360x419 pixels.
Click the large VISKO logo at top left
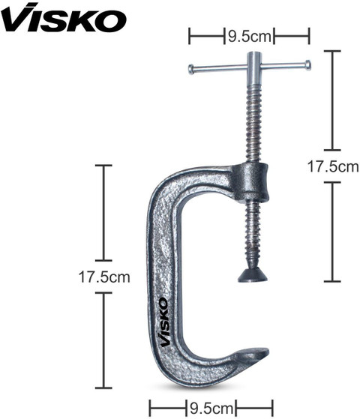click(64, 18)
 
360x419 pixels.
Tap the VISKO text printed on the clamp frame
click(164, 322)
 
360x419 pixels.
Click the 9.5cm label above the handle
click(249, 36)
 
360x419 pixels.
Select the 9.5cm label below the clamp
click(211, 409)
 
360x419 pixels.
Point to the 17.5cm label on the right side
click(333, 166)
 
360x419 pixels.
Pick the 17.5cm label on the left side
click(104, 277)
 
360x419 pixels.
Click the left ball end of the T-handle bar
click(191, 69)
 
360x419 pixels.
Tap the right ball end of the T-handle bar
click(307, 65)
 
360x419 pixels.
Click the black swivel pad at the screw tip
click(253, 276)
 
